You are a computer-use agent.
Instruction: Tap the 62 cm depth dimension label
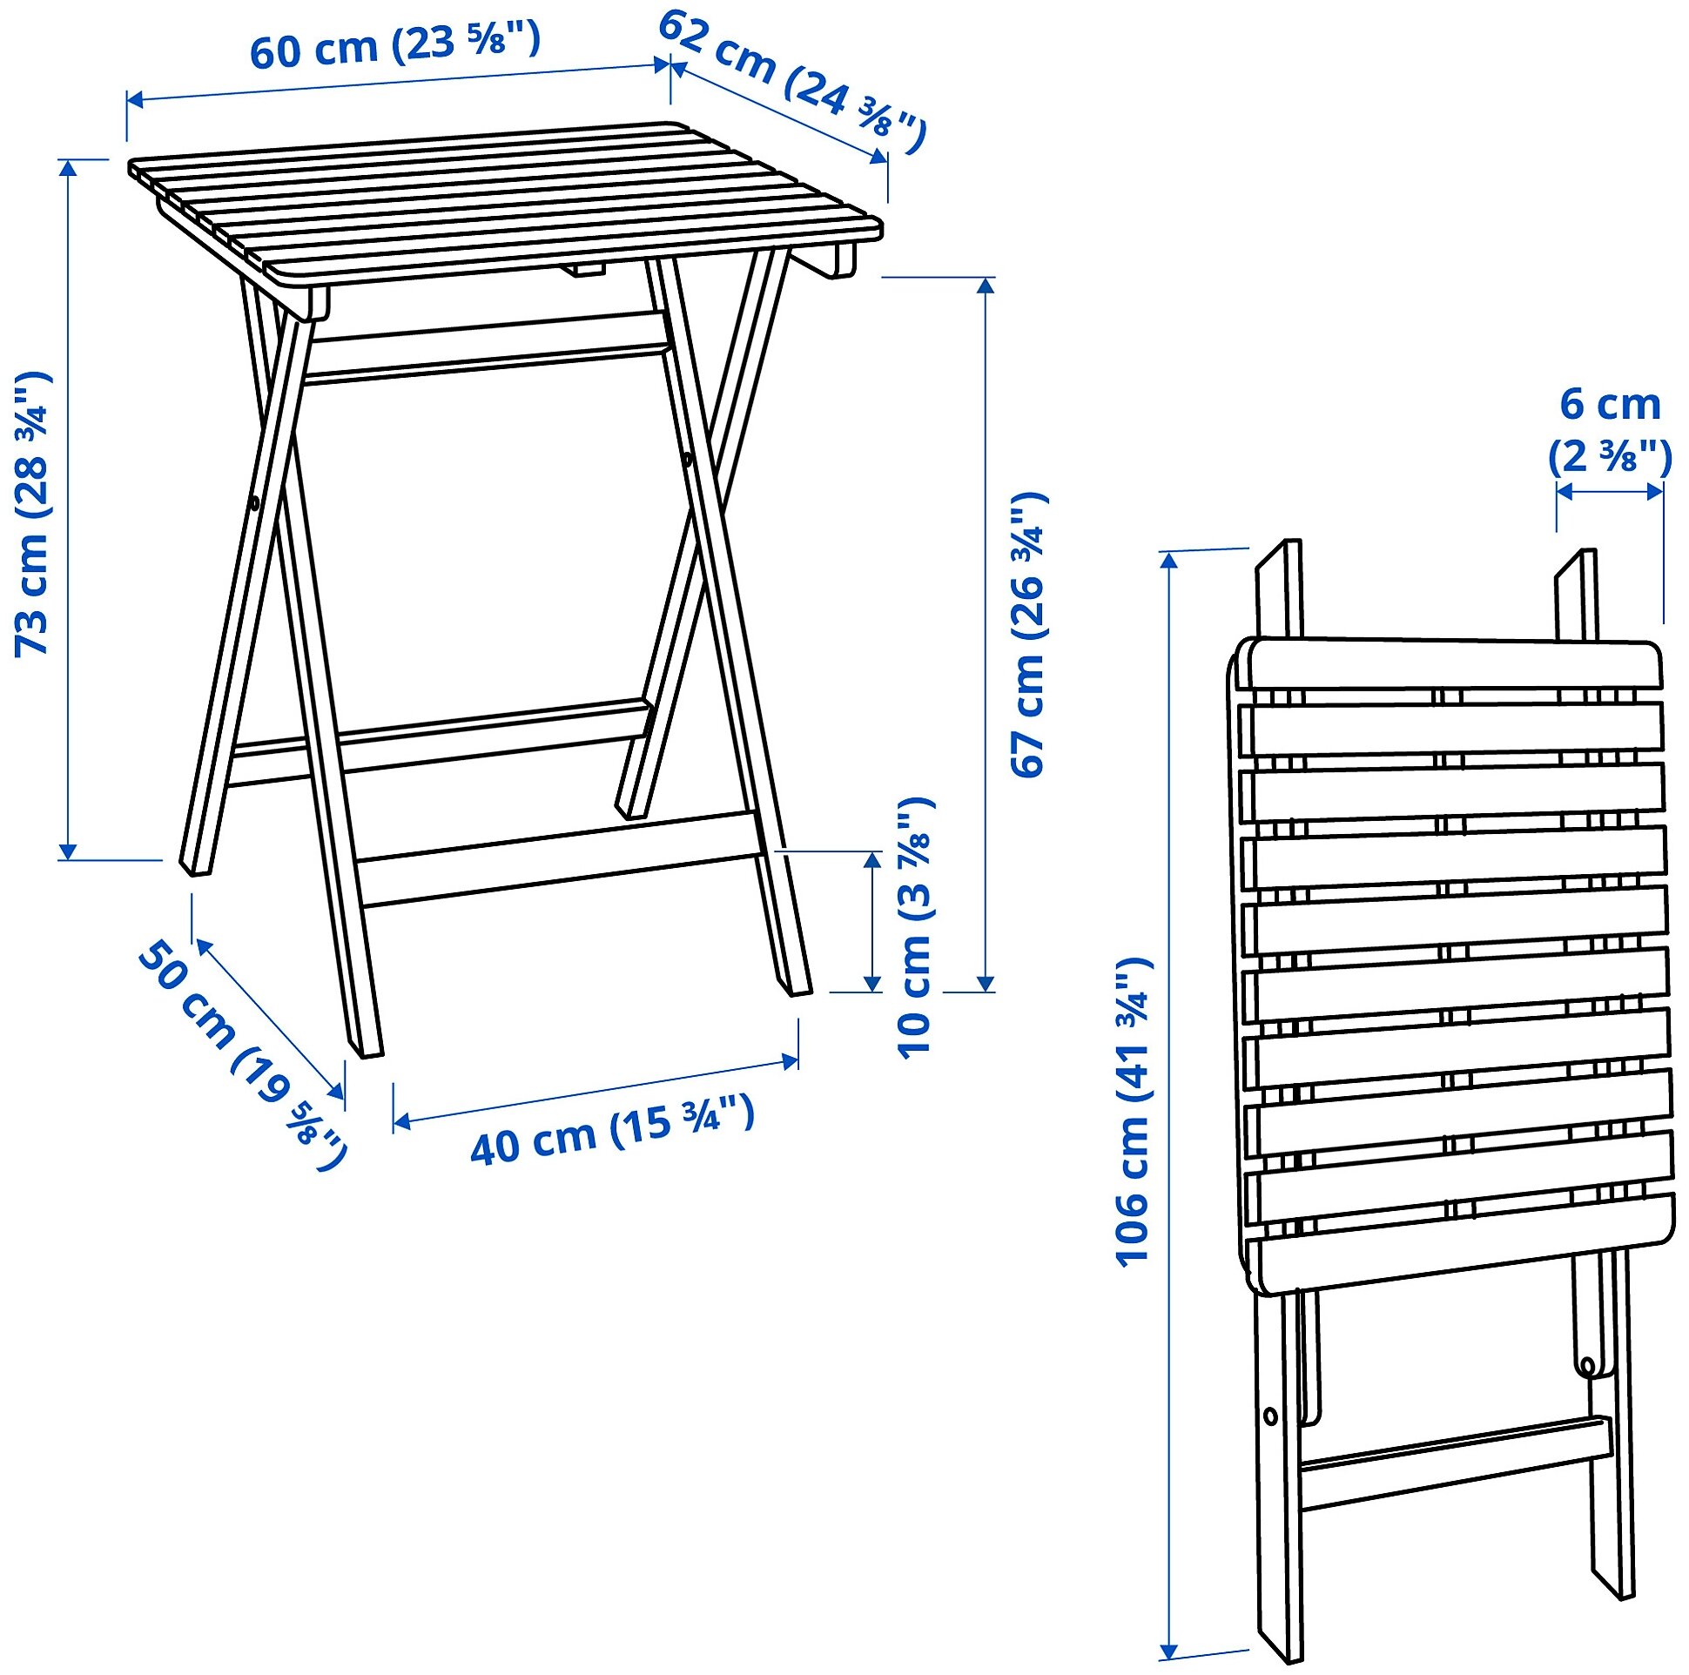(x=791, y=83)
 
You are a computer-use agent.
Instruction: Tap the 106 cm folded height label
(x=1134, y=1111)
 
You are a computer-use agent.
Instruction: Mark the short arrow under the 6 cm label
(x=1610, y=492)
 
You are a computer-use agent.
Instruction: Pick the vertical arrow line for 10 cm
(x=871, y=921)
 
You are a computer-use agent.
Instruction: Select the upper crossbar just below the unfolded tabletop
(x=486, y=350)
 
